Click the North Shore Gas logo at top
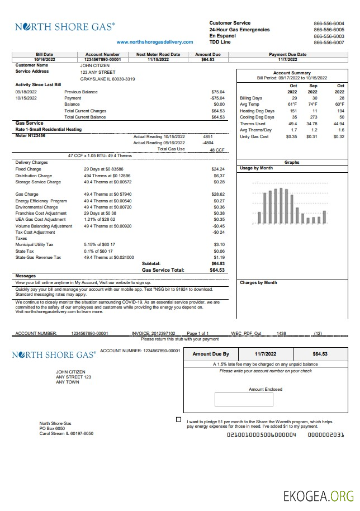click(65, 26)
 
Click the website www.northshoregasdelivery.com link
click(155, 42)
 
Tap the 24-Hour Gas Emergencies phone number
click(329, 30)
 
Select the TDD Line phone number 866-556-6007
click(329, 42)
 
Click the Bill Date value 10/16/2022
click(45, 59)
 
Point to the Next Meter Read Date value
click(158, 59)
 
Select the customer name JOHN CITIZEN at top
click(95, 65)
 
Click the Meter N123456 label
click(31, 135)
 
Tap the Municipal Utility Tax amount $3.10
click(219, 245)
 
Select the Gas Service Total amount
click(217, 270)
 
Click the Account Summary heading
click(292, 73)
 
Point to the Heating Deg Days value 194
click(339, 111)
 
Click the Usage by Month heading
click(256, 168)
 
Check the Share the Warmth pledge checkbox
click(178, 419)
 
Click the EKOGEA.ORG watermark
click(318, 495)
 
